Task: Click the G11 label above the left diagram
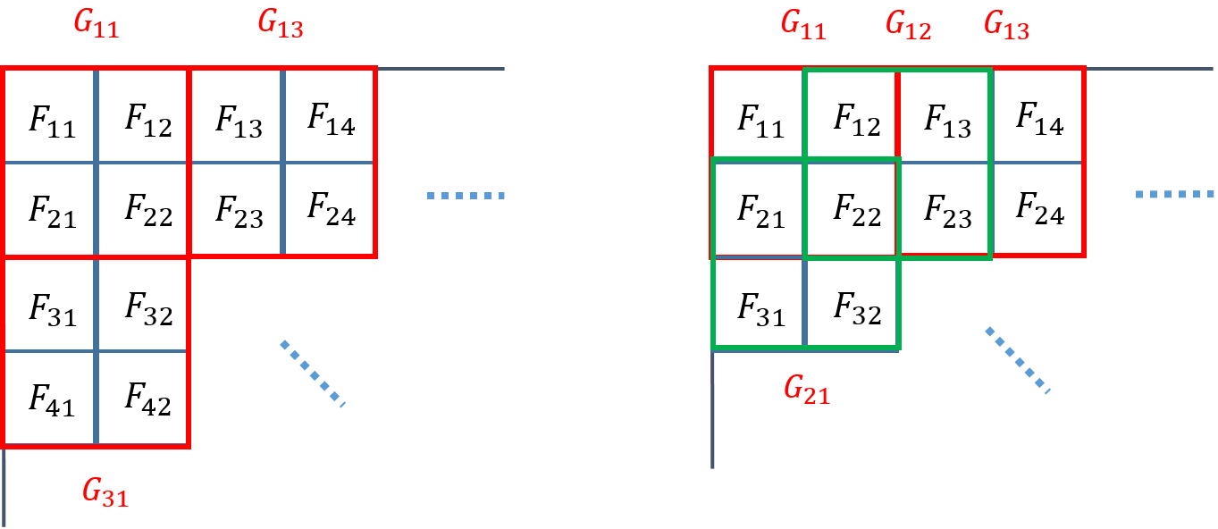96,26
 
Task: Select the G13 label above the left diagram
280,24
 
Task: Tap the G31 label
105,492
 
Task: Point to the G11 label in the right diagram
802,25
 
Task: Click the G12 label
908,26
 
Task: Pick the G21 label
806,390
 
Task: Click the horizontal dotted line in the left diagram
466,196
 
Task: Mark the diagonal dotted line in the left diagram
312,374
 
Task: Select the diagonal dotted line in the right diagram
1017,359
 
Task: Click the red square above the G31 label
97,351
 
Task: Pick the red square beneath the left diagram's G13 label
282,162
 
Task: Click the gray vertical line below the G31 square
4,487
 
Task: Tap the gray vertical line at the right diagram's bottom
712,411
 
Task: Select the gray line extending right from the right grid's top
1149,69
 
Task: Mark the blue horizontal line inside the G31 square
97,351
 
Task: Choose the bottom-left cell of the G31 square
50,398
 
